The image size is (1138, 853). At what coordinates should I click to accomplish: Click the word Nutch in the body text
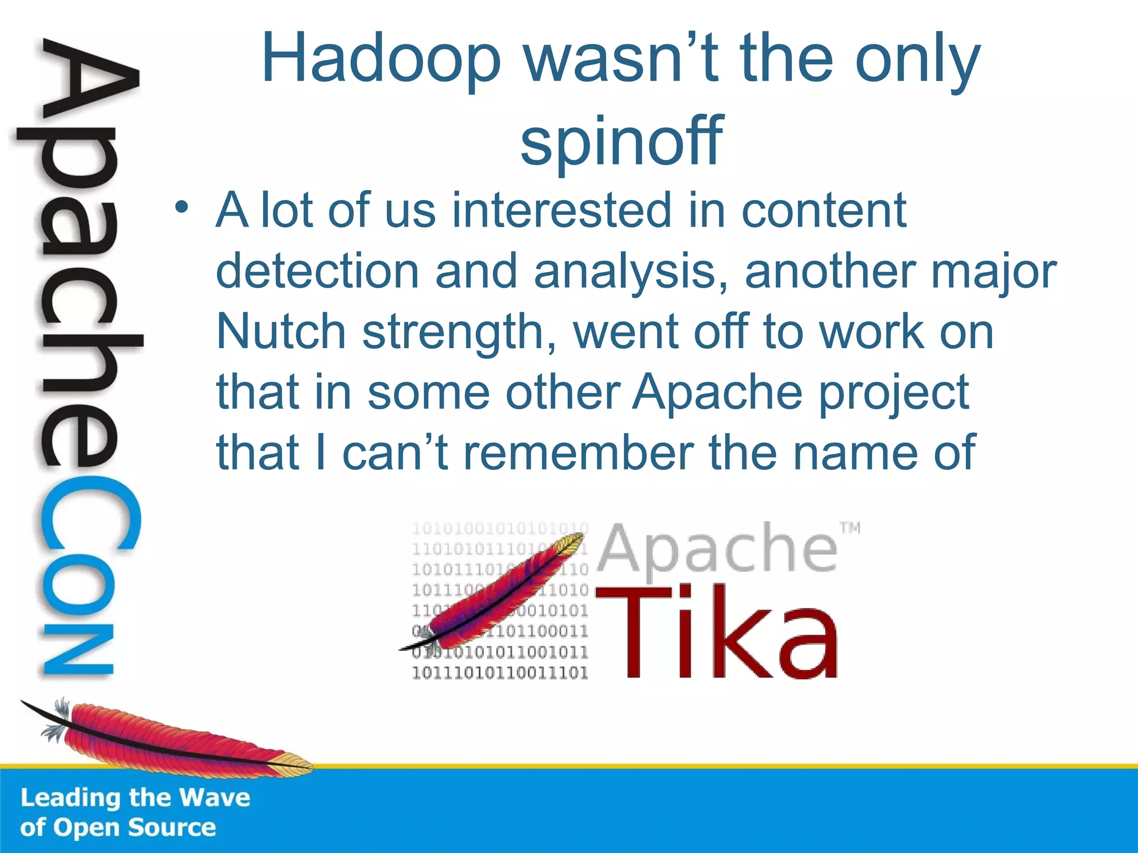point(281,332)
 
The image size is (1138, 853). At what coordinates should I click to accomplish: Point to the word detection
point(317,272)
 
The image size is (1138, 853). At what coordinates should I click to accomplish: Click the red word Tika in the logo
point(717,633)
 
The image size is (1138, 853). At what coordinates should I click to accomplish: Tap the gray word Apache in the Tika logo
point(717,550)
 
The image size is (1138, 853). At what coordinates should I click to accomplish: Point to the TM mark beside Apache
point(850,528)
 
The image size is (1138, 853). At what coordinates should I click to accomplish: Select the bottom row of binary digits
point(500,673)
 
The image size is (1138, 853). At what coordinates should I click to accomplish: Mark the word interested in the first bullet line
point(562,210)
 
